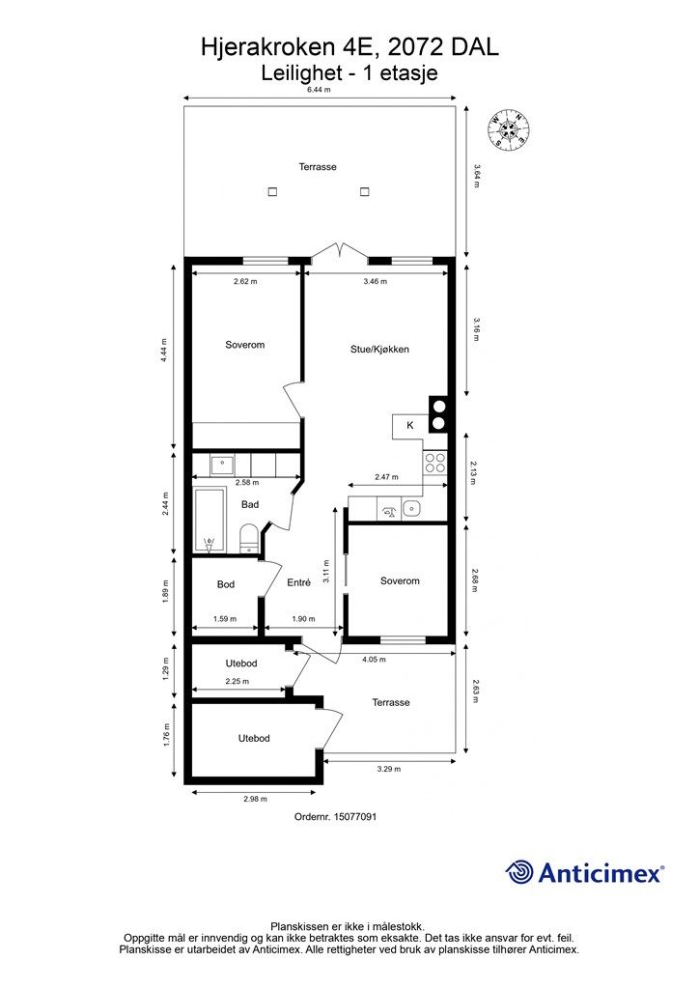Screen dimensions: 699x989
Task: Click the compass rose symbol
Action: click(x=509, y=130)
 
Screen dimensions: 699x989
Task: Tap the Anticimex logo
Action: click(x=584, y=873)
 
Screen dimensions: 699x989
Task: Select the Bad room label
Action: click(x=250, y=504)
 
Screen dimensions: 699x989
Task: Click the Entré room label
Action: click(x=298, y=582)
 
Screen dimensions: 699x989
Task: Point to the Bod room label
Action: click(x=226, y=584)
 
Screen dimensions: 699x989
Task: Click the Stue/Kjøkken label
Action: click(x=380, y=350)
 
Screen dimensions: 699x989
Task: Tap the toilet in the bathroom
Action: click(x=248, y=539)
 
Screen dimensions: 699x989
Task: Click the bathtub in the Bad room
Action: click(x=209, y=521)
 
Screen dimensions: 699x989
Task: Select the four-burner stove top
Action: click(x=434, y=463)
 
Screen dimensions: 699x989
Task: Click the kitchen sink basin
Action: click(x=411, y=508)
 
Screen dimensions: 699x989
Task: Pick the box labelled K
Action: click(x=410, y=426)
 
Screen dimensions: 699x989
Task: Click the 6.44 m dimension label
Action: click(x=319, y=90)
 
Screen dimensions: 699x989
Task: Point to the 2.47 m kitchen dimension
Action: click(x=386, y=477)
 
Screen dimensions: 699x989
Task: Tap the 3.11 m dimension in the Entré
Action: click(x=326, y=571)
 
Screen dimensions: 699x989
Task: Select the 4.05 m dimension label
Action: click(x=374, y=660)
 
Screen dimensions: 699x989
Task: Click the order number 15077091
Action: click(x=335, y=816)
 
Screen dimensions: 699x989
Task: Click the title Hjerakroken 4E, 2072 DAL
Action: click(x=349, y=47)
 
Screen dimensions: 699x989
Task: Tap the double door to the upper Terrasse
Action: click(x=339, y=251)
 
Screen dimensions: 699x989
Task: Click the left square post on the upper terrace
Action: click(x=272, y=192)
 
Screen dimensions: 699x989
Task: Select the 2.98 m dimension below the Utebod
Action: click(x=255, y=799)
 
